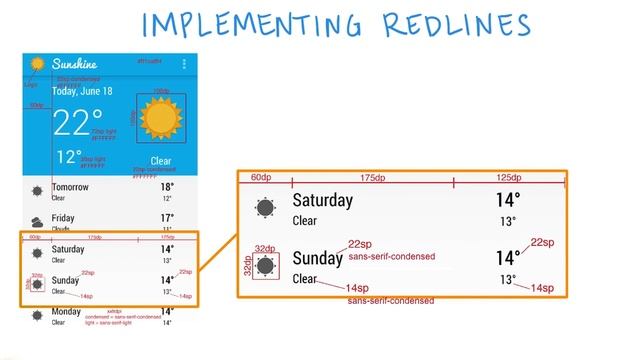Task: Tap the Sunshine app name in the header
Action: pos(76,64)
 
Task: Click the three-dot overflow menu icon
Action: pos(184,64)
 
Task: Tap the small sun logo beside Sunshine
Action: pos(37,64)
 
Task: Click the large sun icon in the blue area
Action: pos(161,119)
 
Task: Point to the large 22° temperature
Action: pos(77,124)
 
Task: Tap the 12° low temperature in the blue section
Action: pos(68,157)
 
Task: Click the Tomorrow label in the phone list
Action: pos(70,187)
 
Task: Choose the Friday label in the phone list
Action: pos(63,217)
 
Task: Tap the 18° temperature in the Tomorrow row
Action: pos(167,187)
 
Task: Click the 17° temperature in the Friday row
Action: pos(167,217)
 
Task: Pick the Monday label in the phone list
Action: pos(67,313)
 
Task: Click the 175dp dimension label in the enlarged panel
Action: pos(372,178)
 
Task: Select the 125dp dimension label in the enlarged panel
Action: pos(510,178)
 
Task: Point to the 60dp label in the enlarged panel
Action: pos(262,178)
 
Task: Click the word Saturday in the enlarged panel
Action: pos(322,201)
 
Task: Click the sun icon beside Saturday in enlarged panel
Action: pos(265,208)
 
